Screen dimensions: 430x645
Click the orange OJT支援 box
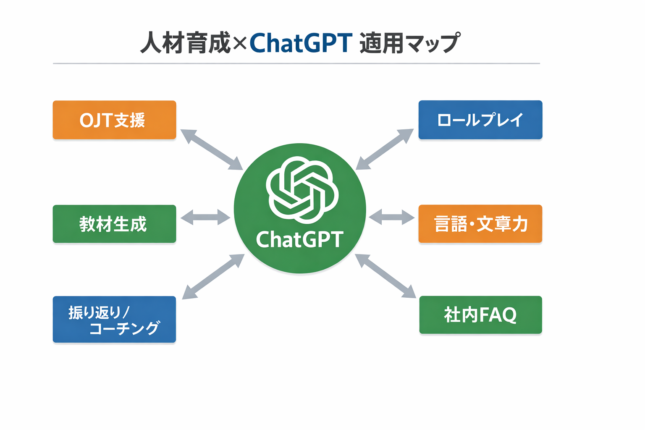point(114,120)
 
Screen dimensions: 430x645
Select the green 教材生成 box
point(114,224)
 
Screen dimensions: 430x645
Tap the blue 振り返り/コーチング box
point(114,320)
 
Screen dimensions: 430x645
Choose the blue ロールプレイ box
point(480,120)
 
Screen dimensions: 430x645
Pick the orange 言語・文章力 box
point(480,224)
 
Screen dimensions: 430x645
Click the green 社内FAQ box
point(480,315)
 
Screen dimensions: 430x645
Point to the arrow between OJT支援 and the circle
point(212,149)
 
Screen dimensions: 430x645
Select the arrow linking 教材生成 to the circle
point(205,217)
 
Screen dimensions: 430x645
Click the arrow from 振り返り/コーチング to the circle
point(213,277)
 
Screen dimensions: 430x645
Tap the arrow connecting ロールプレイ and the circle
point(385,149)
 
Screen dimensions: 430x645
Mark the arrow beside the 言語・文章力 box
point(392,217)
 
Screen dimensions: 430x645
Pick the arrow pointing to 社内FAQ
point(385,276)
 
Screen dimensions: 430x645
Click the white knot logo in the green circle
point(302,190)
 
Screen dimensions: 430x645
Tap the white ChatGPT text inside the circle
point(299,240)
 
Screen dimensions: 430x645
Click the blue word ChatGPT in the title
point(301,43)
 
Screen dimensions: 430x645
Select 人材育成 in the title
point(185,43)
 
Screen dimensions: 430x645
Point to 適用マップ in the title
point(410,43)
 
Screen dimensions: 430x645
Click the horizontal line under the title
point(296,63)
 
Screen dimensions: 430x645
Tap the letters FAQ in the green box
point(498,315)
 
